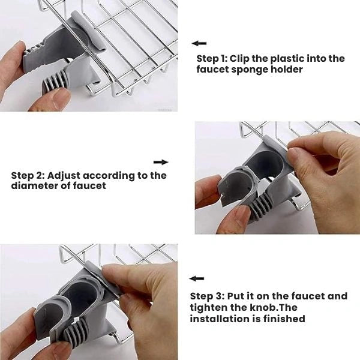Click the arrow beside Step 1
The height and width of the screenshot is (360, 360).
click(199, 44)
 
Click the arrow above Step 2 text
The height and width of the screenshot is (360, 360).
click(161, 162)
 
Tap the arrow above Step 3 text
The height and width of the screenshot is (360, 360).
click(197, 278)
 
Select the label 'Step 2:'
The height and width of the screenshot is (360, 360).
click(28, 176)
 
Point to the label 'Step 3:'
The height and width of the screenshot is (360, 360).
click(207, 296)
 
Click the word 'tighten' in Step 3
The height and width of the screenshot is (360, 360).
click(208, 308)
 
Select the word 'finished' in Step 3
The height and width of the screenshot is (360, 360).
click(284, 319)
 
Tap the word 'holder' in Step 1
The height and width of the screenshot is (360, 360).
click(286, 69)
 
